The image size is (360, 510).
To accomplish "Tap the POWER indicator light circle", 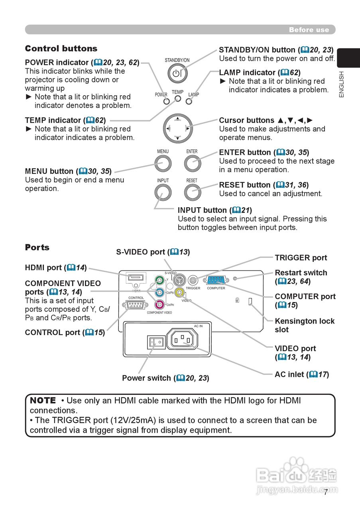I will click(167, 101).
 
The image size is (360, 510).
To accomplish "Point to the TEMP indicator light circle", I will click(178, 98).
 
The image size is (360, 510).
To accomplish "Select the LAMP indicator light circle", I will click(189, 101).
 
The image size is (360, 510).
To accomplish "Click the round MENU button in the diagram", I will click(163, 163).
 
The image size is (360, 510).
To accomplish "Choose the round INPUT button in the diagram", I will click(163, 192).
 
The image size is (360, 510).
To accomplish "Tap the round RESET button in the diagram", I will click(192, 192).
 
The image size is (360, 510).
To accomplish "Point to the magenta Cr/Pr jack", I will click(160, 304).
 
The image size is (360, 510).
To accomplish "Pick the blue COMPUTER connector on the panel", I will click(216, 280).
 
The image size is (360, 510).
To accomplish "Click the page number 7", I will click(326, 492).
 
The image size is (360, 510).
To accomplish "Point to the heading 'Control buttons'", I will click(61, 49).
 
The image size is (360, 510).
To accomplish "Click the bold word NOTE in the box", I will click(43, 400).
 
